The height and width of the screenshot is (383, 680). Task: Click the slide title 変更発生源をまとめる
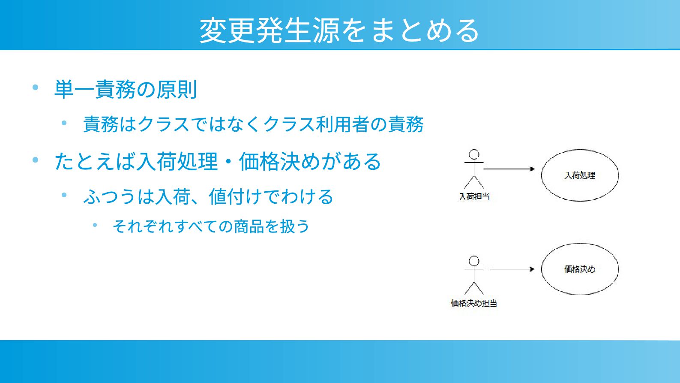[x=339, y=30]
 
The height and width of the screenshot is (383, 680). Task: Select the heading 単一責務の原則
[x=125, y=90]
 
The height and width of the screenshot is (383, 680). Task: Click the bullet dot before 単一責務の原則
[x=36, y=87]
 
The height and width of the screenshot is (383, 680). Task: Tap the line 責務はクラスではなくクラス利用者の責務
[x=253, y=124]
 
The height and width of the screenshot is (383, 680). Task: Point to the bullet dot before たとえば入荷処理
[x=36, y=160]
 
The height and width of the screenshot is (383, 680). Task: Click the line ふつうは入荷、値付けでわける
[x=208, y=197]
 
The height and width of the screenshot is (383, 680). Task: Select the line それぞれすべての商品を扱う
[x=211, y=226]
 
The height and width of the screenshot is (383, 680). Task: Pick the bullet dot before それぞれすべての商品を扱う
[x=95, y=225]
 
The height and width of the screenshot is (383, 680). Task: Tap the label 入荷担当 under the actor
[x=474, y=197]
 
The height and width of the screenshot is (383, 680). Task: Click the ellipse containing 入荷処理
[x=580, y=175]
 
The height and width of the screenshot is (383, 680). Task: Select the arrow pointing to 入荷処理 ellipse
[x=509, y=169]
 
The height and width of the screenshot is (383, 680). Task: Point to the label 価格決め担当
[x=474, y=303]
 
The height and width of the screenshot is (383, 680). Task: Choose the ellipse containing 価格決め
[x=580, y=269]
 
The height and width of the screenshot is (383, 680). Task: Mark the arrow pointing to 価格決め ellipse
[x=512, y=269]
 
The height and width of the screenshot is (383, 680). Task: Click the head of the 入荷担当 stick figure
[x=474, y=154]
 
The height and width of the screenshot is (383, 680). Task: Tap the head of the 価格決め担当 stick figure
[x=474, y=261]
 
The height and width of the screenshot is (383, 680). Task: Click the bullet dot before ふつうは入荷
[x=64, y=195]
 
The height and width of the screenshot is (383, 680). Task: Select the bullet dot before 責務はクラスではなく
[x=64, y=123]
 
